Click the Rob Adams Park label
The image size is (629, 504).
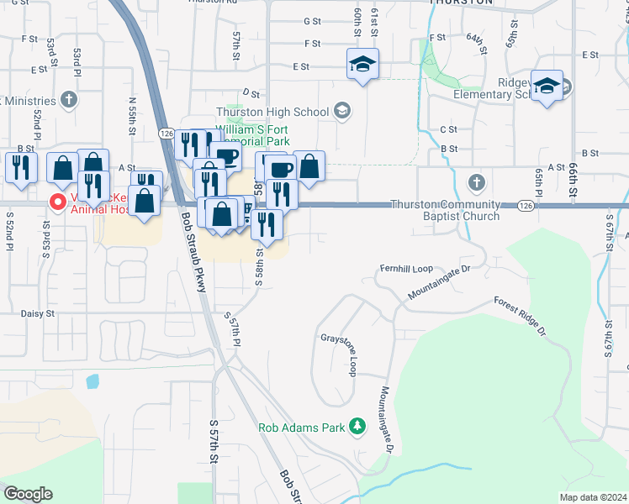302,428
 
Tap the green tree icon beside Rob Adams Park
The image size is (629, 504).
357,427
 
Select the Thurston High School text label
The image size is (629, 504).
272,112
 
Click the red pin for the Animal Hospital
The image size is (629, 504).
57,202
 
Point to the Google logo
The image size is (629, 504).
28,494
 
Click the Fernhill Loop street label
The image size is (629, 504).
406,269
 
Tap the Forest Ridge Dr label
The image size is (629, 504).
521,318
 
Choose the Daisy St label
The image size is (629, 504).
38,313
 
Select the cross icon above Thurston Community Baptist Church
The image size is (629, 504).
476,182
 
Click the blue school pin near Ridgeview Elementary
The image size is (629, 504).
547,87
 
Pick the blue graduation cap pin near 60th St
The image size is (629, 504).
362,65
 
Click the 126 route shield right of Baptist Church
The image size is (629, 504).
526,205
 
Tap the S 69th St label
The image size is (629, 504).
609,344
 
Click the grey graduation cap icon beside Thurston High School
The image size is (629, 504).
341,110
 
